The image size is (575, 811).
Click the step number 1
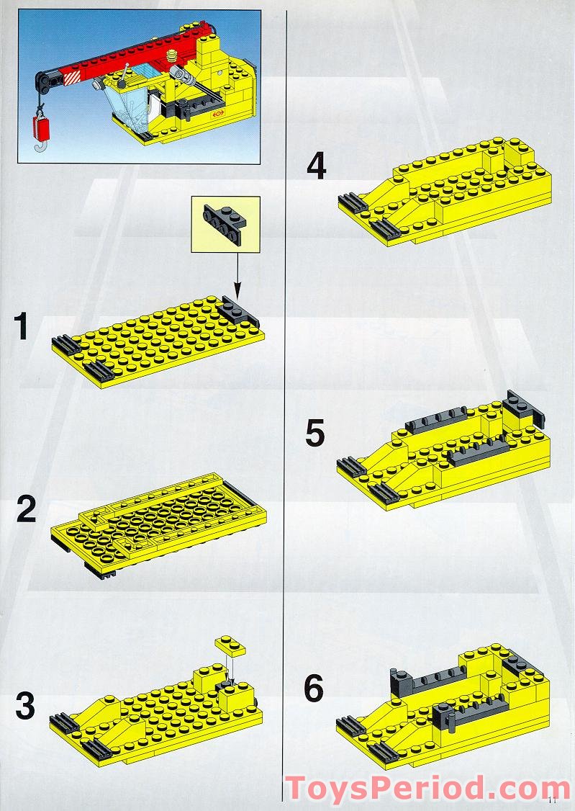(22, 326)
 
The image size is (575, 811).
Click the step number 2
(26, 511)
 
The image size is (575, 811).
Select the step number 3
(25, 707)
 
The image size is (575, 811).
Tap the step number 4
(316, 167)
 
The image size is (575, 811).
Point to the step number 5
(315, 434)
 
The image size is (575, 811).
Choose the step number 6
(314, 689)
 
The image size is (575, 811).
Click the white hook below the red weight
(41, 148)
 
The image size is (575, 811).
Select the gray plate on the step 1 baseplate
(237, 311)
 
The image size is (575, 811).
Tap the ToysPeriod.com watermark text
(427, 787)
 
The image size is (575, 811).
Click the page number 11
(553, 799)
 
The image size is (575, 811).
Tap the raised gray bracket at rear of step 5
(523, 408)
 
